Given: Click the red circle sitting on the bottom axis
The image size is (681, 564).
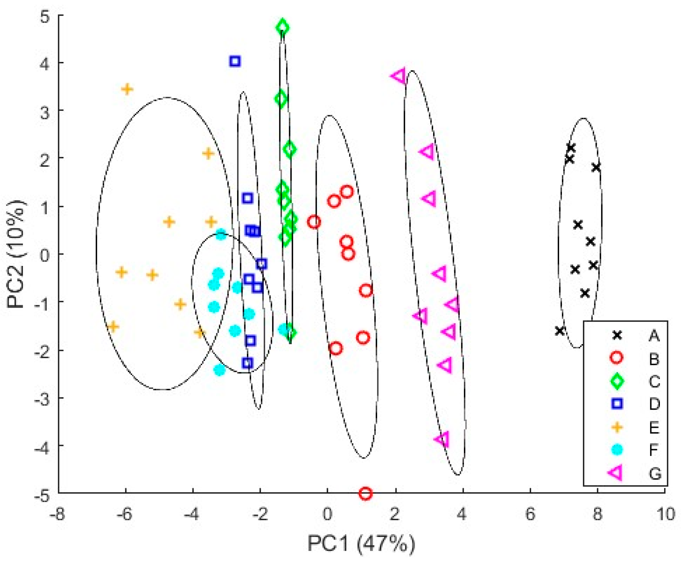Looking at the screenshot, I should pyautogui.click(x=365, y=494).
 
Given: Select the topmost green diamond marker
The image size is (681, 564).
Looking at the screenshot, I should pyautogui.click(x=283, y=28).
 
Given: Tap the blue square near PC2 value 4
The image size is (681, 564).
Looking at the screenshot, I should pyautogui.click(x=235, y=61).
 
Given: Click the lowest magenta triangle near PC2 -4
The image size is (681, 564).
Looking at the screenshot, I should pyautogui.click(x=442, y=439).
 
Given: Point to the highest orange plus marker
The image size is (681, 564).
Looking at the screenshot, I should pyautogui.click(x=127, y=89).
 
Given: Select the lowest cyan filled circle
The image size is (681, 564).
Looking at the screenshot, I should pyautogui.click(x=220, y=370).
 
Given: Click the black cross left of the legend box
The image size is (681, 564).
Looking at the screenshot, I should pyautogui.click(x=560, y=331).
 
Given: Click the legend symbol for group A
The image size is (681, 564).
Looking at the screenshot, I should pyautogui.click(x=617, y=335).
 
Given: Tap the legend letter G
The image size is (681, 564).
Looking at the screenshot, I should pyautogui.click(x=655, y=474).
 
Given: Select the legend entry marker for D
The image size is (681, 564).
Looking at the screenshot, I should pyautogui.click(x=617, y=403).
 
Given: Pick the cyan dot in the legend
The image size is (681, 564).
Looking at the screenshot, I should pyautogui.click(x=617, y=450).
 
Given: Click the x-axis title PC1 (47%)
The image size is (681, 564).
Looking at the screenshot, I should pyautogui.click(x=361, y=544).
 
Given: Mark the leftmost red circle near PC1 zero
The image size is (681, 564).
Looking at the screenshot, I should pyautogui.click(x=314, y=222).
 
